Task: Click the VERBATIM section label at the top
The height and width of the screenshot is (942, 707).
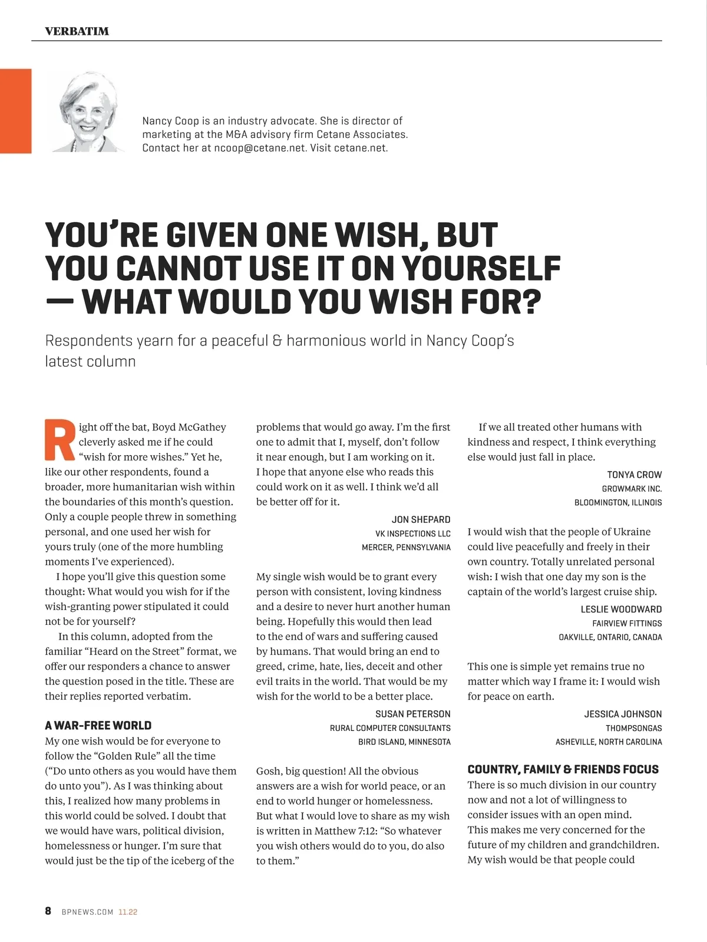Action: (77, 31)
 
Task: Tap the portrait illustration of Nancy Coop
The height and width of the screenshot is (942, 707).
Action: (87, 113)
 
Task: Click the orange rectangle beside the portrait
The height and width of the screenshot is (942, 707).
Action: (15, 111)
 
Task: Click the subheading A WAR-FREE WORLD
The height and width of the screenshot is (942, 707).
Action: (98, 726)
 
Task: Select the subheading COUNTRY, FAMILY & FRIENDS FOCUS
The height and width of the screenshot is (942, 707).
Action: (563, 769)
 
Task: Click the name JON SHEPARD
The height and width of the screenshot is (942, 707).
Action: (421, 519)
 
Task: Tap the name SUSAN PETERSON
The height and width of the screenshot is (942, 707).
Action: (412, 714)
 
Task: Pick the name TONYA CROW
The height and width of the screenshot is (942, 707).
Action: (634, 475)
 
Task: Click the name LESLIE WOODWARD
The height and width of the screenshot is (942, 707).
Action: (621, 609)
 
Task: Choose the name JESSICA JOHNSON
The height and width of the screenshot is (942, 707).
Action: (623, 714)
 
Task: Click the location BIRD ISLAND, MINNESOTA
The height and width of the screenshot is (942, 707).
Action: (404, 742)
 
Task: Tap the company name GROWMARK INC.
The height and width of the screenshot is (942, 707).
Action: (632, 489)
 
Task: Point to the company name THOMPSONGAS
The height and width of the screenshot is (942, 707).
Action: (633, 728)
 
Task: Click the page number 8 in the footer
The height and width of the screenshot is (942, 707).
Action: (48, 911)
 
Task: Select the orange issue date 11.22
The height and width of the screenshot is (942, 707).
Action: (128, 912)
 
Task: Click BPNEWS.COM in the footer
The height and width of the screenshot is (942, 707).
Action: (87, 912)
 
